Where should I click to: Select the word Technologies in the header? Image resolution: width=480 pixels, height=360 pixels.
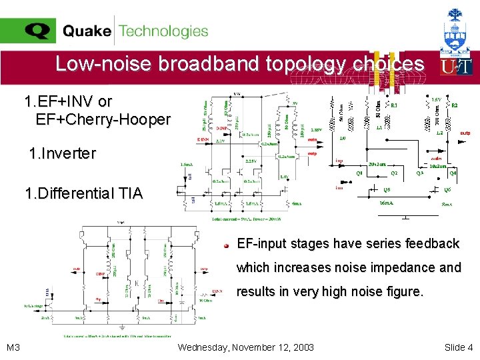tap(164, 31)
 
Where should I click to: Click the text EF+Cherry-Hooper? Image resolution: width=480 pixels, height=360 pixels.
tap(103, 120)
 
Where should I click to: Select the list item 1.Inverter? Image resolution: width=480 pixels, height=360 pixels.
tap(63, 154)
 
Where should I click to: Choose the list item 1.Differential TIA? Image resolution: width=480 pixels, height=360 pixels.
tap(83, 194)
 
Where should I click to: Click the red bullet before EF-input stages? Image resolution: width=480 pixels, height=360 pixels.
tap(227, 245)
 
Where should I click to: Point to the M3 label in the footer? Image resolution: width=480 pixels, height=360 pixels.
tap(13, 347)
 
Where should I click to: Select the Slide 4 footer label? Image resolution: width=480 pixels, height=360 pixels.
tap(458, 347)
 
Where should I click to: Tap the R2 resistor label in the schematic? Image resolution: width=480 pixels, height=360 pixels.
tap(455, 105)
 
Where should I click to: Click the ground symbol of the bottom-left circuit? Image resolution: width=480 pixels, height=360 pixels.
tap(124, 327)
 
